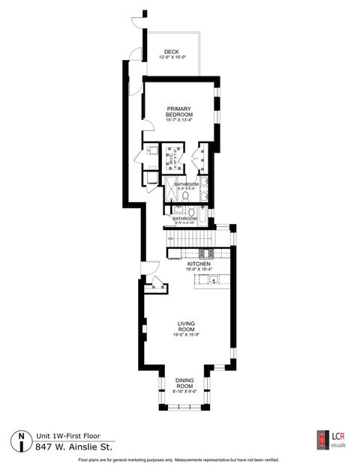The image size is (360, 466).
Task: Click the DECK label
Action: click(x=172, y=52)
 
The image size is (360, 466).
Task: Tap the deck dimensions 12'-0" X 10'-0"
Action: click(x=172, y=58)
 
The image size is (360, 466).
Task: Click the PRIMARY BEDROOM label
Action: click(x=179, y=111)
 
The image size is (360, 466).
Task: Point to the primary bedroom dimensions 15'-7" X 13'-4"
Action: click(x=179, y=120)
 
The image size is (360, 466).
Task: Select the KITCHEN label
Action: click(x=199, y=264)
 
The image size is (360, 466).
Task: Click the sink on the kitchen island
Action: click(x=214, y=281)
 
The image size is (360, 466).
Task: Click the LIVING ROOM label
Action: click(x=186, y=327)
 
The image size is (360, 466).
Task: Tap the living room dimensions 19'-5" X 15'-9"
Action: click(x=186, y=334)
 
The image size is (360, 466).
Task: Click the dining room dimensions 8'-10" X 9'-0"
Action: click(x=184, y=391)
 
